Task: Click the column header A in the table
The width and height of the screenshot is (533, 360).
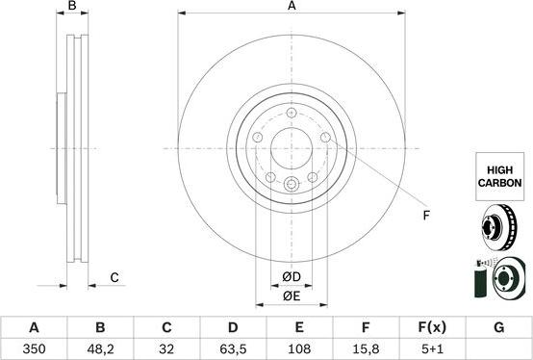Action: pos(34,328)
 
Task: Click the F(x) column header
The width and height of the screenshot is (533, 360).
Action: pos(432,328)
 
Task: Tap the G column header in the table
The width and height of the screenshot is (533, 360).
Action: pos(498,328)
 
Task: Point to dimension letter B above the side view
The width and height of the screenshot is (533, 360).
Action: pos(72,7)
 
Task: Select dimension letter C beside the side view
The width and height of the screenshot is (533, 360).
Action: pos(114,278)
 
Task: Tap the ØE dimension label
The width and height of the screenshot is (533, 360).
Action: pos(292,297)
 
